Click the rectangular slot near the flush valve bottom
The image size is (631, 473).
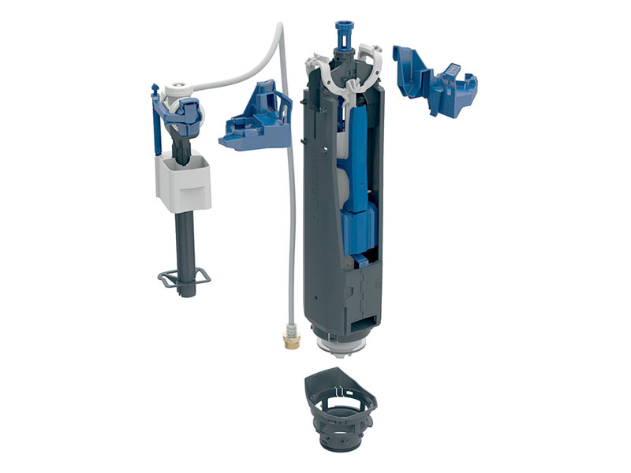362,318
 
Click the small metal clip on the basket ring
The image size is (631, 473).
340,389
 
